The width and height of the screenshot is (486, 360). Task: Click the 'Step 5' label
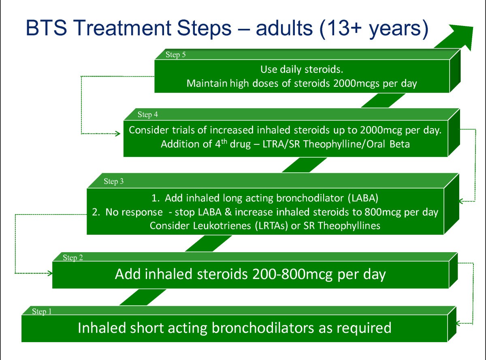tap(175, 55)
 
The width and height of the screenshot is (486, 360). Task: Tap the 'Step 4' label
tap(148, 114)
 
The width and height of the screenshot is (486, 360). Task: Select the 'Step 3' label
tap(113, 182)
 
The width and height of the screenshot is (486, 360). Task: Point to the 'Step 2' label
tap(73, 257)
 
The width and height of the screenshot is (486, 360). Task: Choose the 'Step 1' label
tap(42, 311)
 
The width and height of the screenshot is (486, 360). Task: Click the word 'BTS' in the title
tap(46, 28)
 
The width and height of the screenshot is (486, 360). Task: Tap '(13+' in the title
tap(340, 28)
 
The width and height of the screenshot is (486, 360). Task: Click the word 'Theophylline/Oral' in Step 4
tap(344, 144)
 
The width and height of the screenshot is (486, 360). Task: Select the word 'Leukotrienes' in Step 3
tap(222, 226)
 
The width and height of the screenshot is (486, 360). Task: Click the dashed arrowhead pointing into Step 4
tap(118, 133)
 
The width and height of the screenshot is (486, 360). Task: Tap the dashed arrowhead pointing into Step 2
tap(50, 273)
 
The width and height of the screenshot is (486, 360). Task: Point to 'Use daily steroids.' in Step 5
tap(302, 70)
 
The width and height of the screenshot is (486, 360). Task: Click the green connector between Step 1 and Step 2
tap(143, 297)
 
